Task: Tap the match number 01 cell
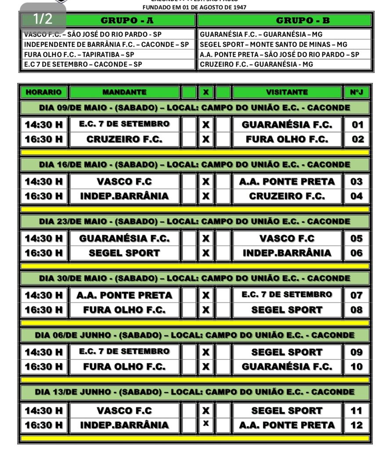[357, 124]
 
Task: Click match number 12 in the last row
[357, 425]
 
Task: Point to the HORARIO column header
[44, 92]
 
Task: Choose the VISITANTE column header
[287, 92]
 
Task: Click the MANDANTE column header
[124, 92]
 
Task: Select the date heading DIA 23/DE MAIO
[194, 221]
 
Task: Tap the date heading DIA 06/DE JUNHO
[194, 335]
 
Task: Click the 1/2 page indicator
[43, 18]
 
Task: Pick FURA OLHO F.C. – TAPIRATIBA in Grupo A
[79, 55]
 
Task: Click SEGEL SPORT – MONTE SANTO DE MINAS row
[273, 45]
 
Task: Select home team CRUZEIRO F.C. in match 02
[124, 139]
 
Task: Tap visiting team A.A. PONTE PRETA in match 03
[287, 181]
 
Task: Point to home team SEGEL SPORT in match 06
[124, 253]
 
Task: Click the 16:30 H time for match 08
[44, 310]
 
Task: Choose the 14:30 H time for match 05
[44, 239]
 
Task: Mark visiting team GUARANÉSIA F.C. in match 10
[287, 367]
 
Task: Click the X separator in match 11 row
[205, 410]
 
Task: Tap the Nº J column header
[356, 92]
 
